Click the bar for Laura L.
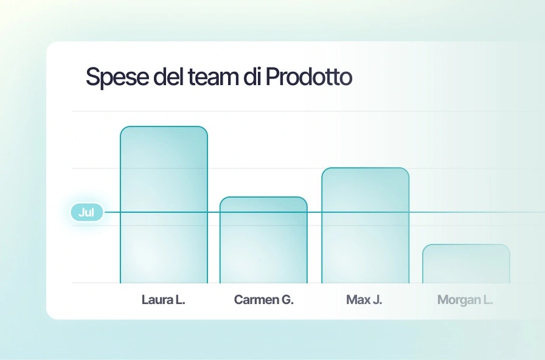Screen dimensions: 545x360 point(164,205)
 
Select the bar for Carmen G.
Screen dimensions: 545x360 point(263,240)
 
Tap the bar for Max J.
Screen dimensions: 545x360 point(365,226)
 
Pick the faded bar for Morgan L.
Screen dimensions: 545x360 point(466,264)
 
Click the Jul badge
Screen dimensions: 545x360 point(87,212)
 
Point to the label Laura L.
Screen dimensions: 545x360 point(164,300)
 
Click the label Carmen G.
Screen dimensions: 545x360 point(264,300)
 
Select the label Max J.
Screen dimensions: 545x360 point(364,300)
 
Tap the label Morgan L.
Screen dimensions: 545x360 point(465,300)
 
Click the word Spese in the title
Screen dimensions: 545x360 point(117,77)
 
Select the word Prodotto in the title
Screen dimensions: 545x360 point(309,77)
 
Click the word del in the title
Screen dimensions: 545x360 point(168,77)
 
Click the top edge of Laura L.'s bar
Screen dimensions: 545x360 point(164,126)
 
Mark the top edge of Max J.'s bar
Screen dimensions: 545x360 point(365,168)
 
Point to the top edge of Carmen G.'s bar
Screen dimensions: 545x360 point(263,197)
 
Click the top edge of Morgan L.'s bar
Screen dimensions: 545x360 point(466,244)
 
